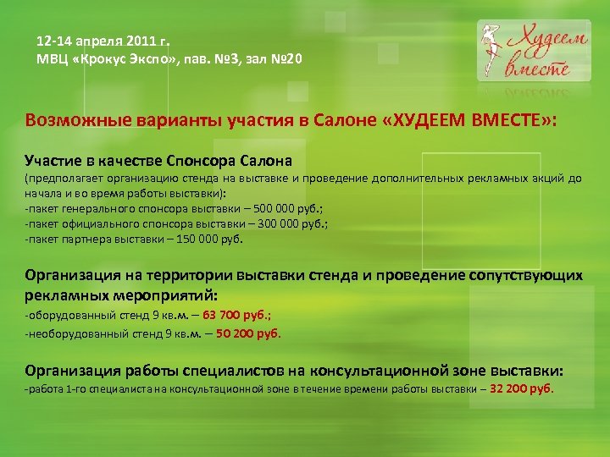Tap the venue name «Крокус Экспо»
tap(118, 59)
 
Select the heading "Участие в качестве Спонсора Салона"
tap(158, 160)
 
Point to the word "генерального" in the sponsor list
tap(95, 209)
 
